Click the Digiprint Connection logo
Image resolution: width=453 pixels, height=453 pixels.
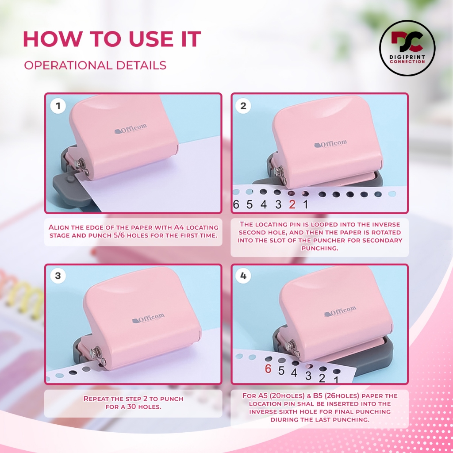[407, 48]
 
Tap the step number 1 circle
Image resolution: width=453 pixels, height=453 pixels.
[58, 106]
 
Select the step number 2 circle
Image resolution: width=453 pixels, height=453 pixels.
[243, 106]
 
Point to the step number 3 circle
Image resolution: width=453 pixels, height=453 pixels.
[58, 276]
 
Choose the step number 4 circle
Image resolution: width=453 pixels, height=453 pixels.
[243, 276]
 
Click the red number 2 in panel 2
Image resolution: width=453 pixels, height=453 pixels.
[292, 204]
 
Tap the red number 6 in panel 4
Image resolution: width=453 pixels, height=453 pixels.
[268, 369]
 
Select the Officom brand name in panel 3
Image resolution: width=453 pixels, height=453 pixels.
[148, 318]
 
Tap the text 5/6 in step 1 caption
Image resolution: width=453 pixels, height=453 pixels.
[119, 235]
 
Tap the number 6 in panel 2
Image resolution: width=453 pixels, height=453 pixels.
[236, 204]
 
